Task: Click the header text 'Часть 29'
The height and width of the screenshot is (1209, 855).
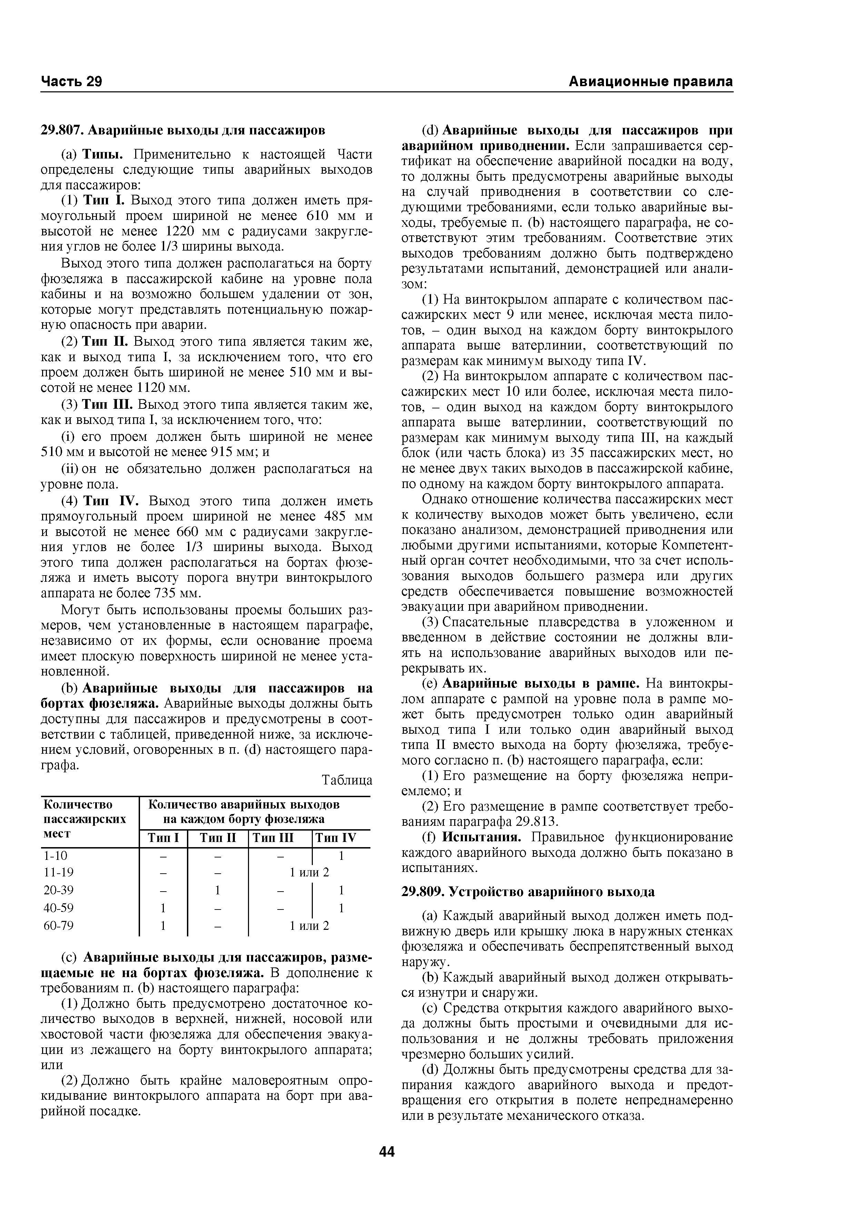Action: pos(71,82)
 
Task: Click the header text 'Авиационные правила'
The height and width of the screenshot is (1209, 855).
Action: pos(650,82)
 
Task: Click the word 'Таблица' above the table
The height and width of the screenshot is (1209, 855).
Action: pos(347,780)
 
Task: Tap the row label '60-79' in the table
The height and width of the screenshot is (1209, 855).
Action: pos(59,925)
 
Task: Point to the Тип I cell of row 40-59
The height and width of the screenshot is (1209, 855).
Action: pos(163,908)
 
